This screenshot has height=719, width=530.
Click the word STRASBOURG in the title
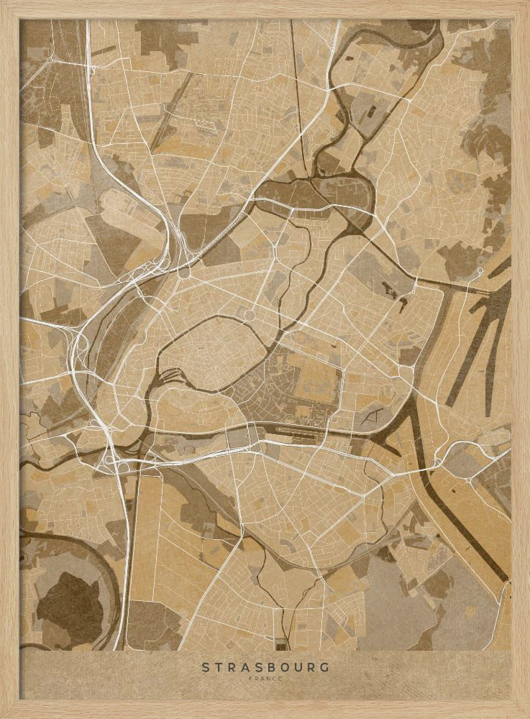(265, 667)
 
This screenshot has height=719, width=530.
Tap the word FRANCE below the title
(265, 678)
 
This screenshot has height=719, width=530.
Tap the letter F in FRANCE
(250, 678)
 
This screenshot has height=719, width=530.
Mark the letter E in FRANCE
(280, 678)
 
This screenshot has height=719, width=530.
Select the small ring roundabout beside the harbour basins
(480, 271)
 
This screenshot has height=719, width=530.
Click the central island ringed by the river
(209, 352)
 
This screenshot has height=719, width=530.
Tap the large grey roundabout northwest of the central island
(185, 273)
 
